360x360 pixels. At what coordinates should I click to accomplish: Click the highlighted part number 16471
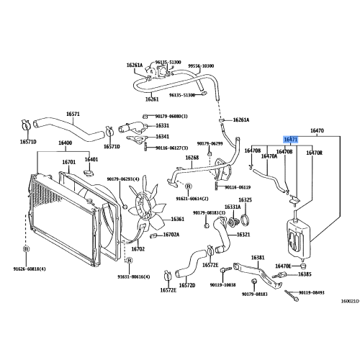tap(290, 140)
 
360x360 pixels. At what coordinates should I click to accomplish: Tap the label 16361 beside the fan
tap(177, 220)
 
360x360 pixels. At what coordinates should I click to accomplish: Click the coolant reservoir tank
tap(297, 234)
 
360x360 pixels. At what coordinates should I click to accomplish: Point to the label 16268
tap(192, 158)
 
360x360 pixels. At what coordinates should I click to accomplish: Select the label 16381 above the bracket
tap(258, 257)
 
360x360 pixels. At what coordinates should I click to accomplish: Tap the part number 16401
tap(91, 159)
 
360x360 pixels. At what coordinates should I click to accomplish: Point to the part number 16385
tap(305, 274)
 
